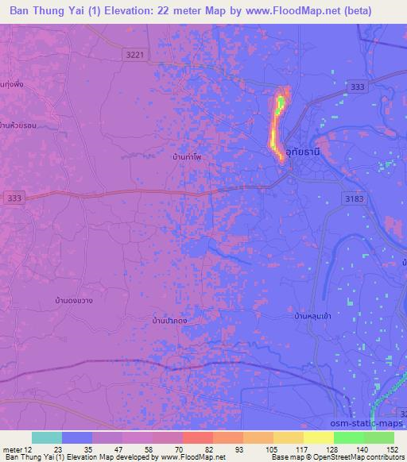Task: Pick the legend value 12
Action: tap(29, 449)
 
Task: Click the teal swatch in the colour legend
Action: tap(47, 437)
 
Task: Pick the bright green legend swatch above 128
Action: tap(348, 437)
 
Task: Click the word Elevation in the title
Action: tap(127, 10)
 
